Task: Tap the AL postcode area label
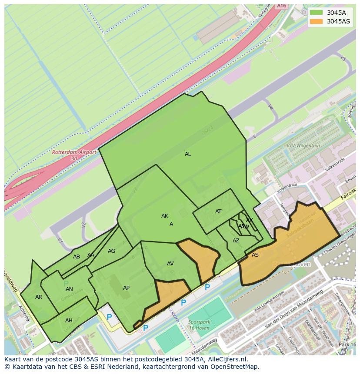pyautogui.click(x=188, y=154)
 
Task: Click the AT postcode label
pyautogui.click(x=218, y=212)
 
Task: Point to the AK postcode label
pyautogui.click(x=165, y=216)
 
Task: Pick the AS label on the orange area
pyautogui.click(x=255, y=255)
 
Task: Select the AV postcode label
pyautogui.click(x=170, y=264)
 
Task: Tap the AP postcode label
pyautogui.click(x=126, y=288)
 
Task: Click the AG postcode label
pyautogui.click(x=112, y=251)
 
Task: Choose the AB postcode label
pyautogui.click(x=77, y=257)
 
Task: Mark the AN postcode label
pyautogui.click(x=69, y=289)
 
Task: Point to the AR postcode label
pyautogui.click(x=39, y=297)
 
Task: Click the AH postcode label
pyautogui.click(x=69, y=321)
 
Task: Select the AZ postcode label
pyautogui.click(x=236, y=241)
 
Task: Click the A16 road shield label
pyautogui.click(x=282, y=6)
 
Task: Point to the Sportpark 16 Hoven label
pyautogui.click(x=199, y=325)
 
